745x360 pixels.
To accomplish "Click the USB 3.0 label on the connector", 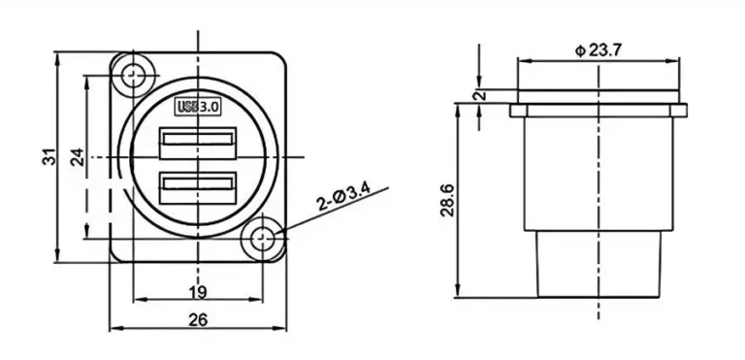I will pyautogui.click(x=199, y=106).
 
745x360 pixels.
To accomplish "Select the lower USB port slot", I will pyautogui.click(x=199, y=184).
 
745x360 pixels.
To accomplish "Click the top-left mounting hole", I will pyautogui.click(x=133, y=75).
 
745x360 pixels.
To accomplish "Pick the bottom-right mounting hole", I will pyautogui.click(x=263, y=238).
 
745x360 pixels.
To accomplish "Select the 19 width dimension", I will pyautogui.click(x=198, y=291).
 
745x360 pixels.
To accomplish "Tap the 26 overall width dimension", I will pyautogui.click(x=198, y=319).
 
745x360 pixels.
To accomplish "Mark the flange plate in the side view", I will pyautogui.click(x=599, y=111).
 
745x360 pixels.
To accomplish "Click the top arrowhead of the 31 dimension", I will pyautogui.click(x=60, y=51).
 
